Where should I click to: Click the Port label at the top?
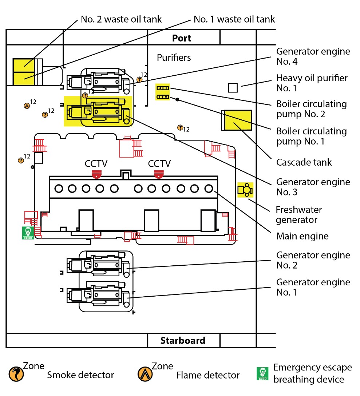click(182, 38)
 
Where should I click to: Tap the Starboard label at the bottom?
click(183, 341)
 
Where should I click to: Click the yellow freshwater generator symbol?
click(245, 190)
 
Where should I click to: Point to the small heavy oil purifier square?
click(233, 88)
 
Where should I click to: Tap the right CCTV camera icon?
click(159, 174)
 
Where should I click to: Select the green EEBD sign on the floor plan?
click(28, 233)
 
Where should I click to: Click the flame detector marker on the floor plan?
click(27, 106)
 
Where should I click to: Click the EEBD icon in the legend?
click(262, 373)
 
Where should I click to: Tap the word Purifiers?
click(174, 58)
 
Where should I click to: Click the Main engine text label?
click(302, 236)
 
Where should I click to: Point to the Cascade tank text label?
click(304, 162)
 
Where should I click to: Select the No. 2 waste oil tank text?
click(121, 19)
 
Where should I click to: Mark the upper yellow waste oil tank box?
click(24, 66)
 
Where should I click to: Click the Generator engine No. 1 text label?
click(313, 287)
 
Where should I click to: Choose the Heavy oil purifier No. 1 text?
click(312, 83)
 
